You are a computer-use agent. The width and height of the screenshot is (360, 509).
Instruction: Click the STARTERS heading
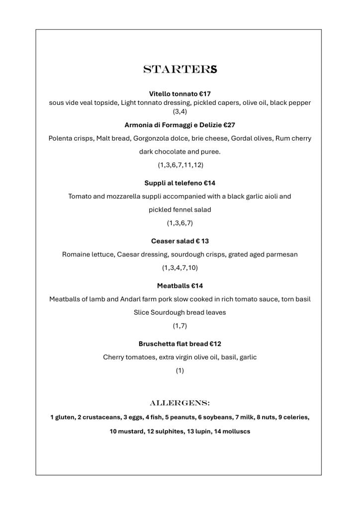coord(180,70)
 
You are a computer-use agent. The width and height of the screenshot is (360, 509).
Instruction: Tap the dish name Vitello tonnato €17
coord(180,93)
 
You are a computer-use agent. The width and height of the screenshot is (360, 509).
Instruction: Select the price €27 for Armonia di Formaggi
coord(227,125)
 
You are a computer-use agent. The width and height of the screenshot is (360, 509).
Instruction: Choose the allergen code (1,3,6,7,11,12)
coord(180,165)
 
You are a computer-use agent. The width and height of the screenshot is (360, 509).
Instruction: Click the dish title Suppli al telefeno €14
coord(180,183)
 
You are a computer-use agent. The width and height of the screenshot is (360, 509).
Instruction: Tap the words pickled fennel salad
coord(180,210)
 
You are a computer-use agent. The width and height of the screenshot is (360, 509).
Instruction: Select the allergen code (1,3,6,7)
coord(180,223)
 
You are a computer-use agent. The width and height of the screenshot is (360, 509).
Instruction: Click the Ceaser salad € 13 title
coord(180,241)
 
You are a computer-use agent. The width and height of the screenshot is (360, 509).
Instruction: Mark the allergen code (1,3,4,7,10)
coord(180,267)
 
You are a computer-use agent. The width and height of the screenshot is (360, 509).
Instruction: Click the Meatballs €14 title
coord(180,286)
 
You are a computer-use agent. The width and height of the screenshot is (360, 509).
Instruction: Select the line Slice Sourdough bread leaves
coord(180,312)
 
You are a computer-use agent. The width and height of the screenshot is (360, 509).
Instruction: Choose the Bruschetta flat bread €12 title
coord(180,344)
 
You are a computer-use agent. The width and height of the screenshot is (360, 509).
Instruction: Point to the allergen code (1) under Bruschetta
coord(180,370)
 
